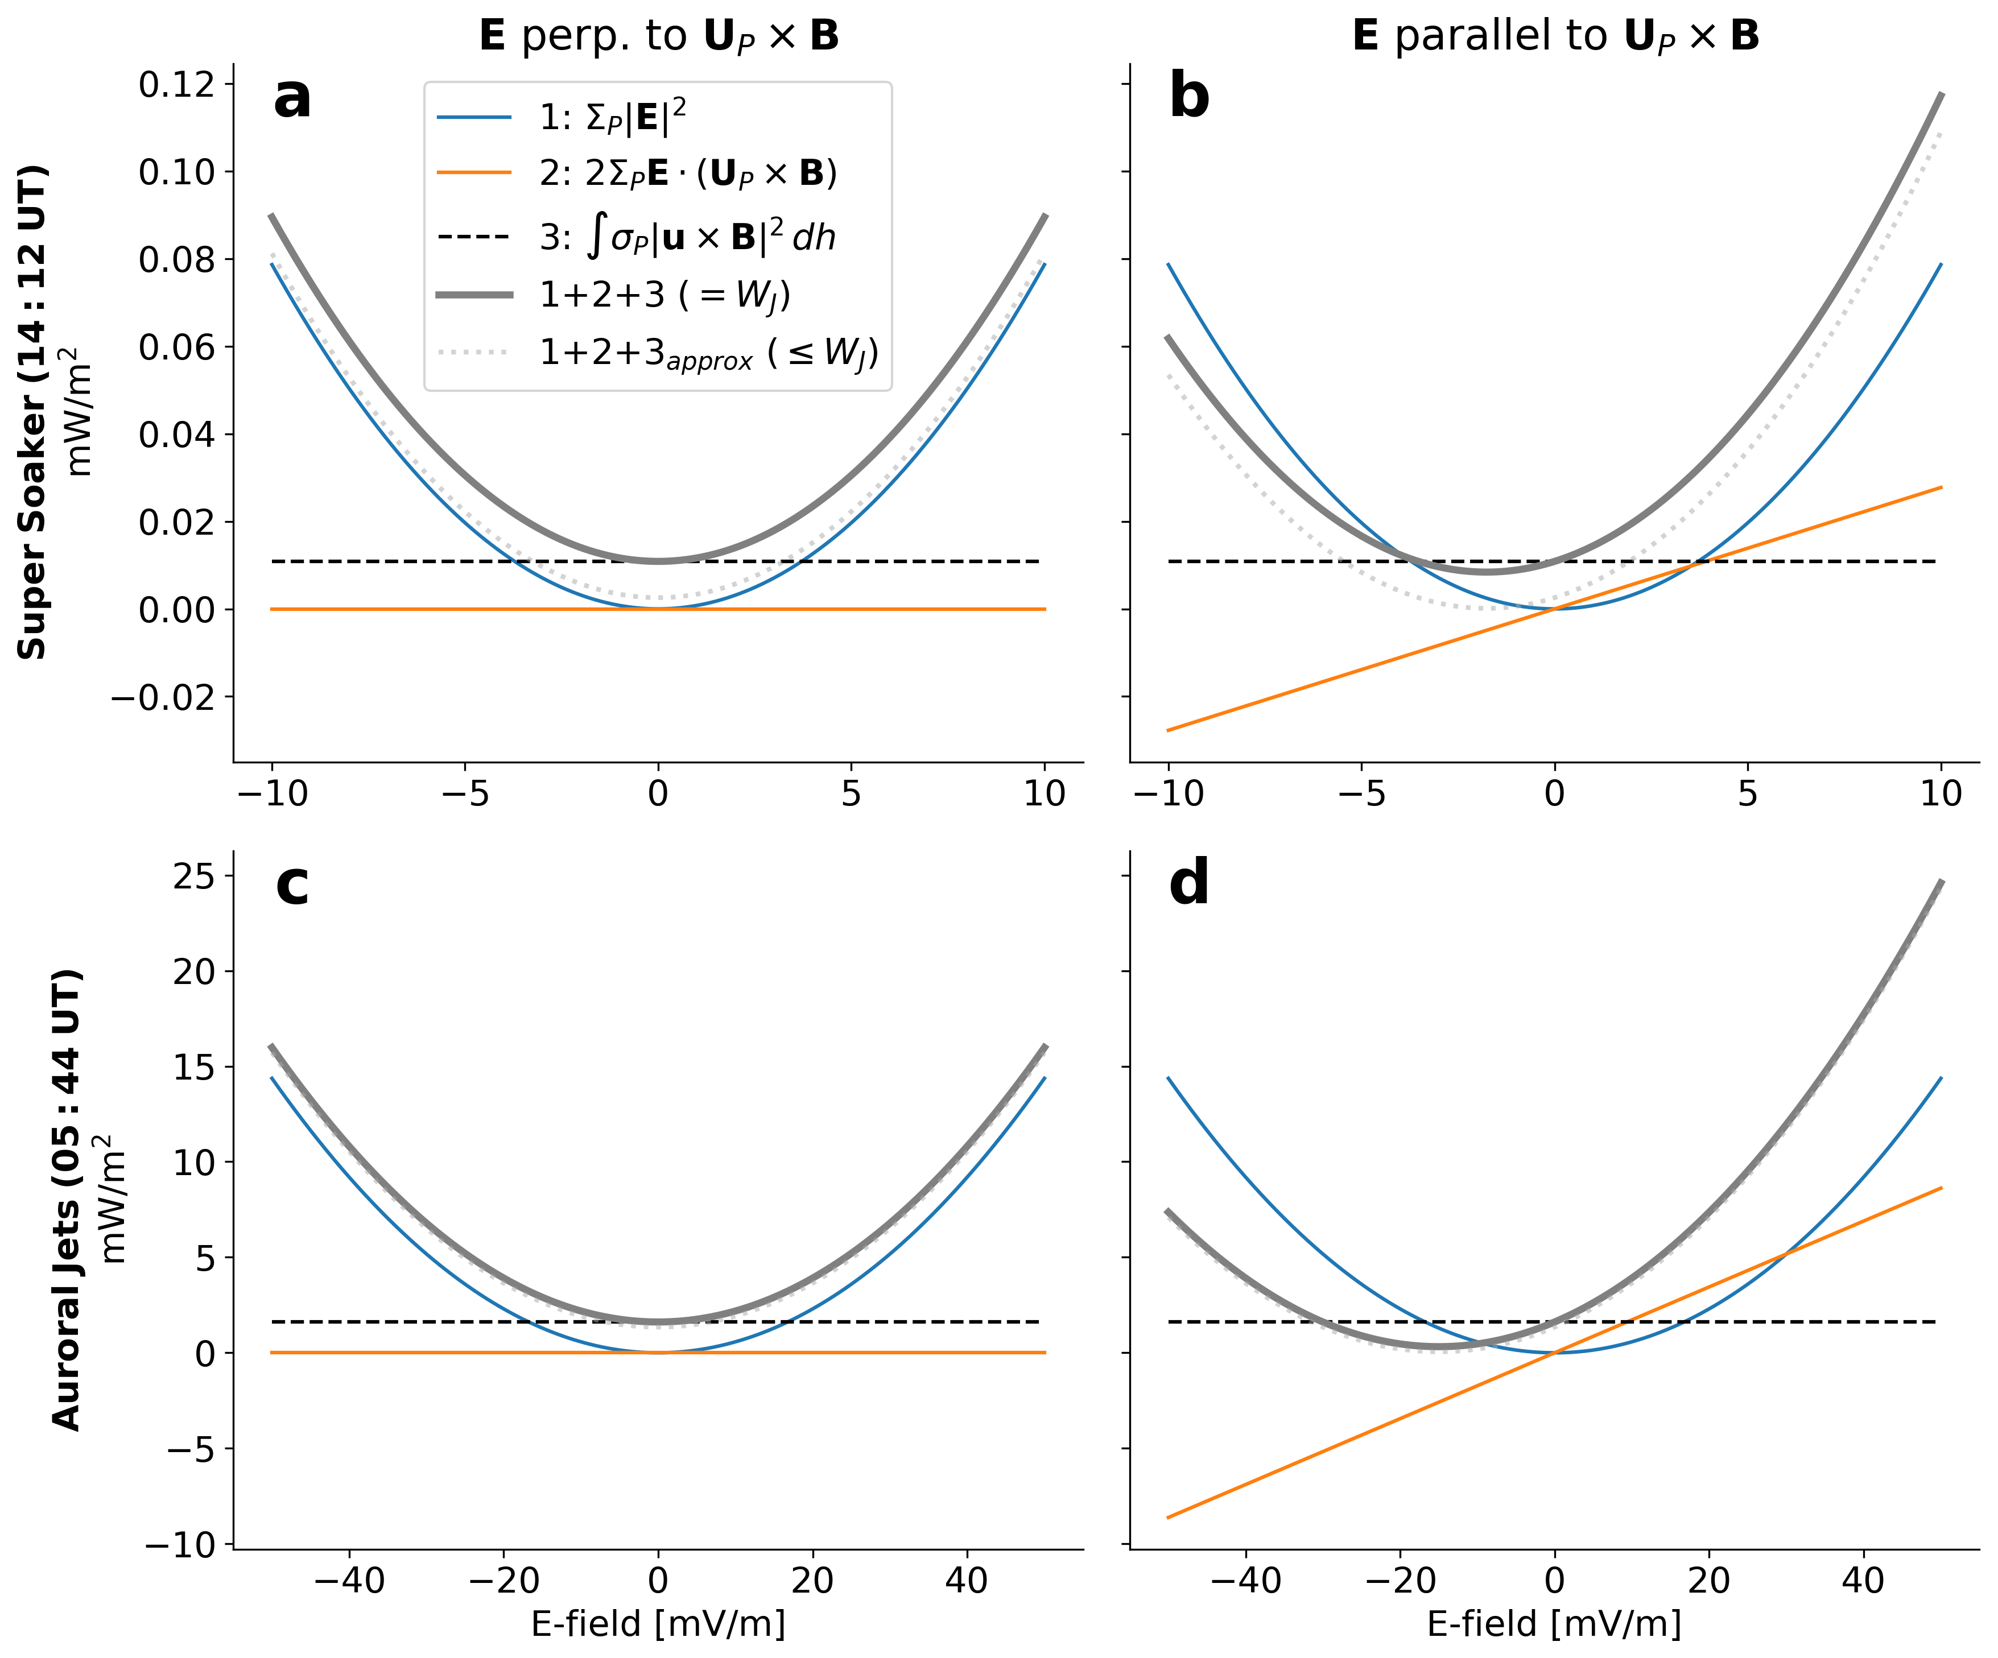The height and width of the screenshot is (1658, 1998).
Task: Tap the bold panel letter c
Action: coord(292,884)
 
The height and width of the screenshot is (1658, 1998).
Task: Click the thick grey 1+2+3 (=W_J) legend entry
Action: coord(614,295)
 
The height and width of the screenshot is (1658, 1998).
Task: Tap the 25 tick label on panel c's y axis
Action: coord(193,876)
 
